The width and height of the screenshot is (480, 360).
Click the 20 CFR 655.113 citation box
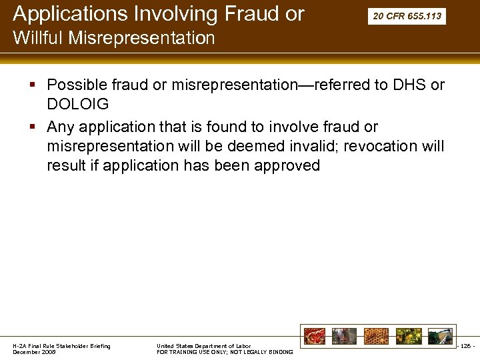(407, 16)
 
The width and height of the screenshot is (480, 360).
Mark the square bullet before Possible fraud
(33, 85)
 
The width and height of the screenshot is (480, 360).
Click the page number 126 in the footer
(465, 346)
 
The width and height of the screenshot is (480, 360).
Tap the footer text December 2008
(35, 351)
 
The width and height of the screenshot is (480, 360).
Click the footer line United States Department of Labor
(203, 346)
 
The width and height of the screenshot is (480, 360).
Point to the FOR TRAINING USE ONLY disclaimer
(225, 352)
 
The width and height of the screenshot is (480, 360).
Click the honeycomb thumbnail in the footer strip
(375, 336)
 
